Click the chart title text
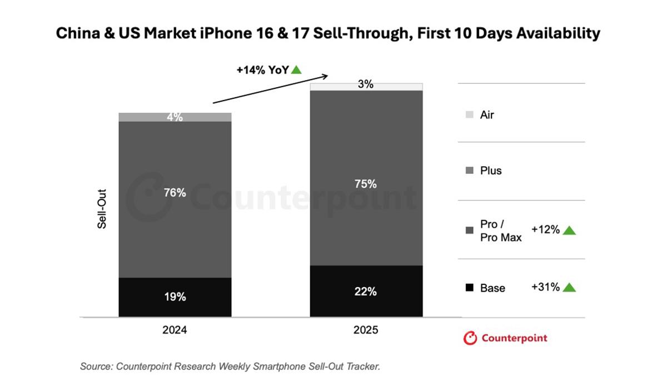click(328, 33)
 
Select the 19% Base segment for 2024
click(175, 297)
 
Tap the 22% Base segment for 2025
click(366, 291)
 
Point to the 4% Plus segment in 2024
click(175, 117)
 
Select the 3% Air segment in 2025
click(366, 86)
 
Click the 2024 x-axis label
click(175, 330)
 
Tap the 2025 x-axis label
click(366, 330)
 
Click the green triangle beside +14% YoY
click(296, 69)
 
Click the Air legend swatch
click(470, 115)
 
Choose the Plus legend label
click(491, 171)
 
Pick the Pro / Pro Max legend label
click(501, 231)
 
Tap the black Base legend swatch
click(470, 288)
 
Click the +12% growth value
click(545, 230)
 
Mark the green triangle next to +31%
click(569, 287)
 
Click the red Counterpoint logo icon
click(470, 338)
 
